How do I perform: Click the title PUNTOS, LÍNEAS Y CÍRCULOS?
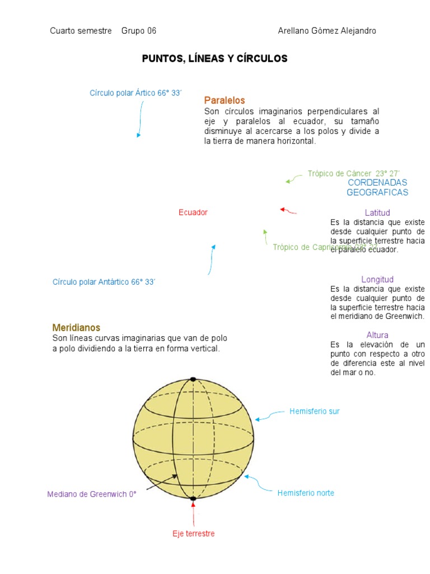click(x=214, y=59)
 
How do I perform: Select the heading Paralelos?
click(x=225, y=100)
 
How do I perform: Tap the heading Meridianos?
click(x=76, y=327)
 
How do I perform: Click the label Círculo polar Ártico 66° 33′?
click(x=136, y=93)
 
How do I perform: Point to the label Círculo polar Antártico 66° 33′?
click(x=104, y=282)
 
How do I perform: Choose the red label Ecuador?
click(x=193, y=212)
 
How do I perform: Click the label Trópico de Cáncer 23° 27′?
click(x=354, y=174)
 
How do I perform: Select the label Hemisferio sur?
click(x=314, y=411)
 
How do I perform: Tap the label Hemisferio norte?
click(x=306, y=493)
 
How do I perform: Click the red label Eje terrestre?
click(x=193, y=534)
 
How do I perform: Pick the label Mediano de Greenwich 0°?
click(x=92, y=494)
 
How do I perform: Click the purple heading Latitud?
click(x=377, y=213)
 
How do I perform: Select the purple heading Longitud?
click(x=377, y=279)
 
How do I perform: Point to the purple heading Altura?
click(x=377, y=335)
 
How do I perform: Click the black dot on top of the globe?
click(x=193, y=379)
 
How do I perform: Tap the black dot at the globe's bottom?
click(x=193, y=498)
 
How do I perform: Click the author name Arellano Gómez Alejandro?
click(x=327, y=31)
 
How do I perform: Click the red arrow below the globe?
click(x=193, y=513)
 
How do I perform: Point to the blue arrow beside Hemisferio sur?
click(x=270, y=415)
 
